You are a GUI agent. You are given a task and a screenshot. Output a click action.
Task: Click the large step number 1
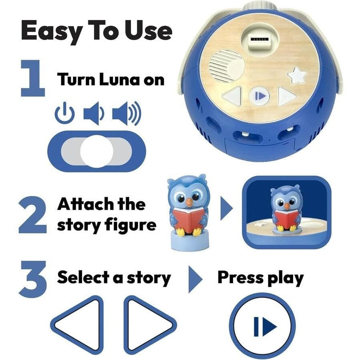33,78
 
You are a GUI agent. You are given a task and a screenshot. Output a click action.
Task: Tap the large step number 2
32,215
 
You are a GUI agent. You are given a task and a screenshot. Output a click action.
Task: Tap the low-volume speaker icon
94,113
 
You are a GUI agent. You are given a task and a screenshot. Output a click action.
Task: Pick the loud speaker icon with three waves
126,114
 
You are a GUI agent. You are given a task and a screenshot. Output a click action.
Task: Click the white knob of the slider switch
96,151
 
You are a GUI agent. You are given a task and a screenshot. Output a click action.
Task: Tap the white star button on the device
297,75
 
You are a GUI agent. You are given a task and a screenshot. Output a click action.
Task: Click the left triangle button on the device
233,96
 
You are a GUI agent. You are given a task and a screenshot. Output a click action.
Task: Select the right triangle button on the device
286,96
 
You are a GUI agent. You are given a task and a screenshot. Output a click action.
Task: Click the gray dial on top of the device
260,6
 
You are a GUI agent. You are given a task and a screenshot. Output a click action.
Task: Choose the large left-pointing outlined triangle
77,325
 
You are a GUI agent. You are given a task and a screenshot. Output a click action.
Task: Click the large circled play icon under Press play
262,326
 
